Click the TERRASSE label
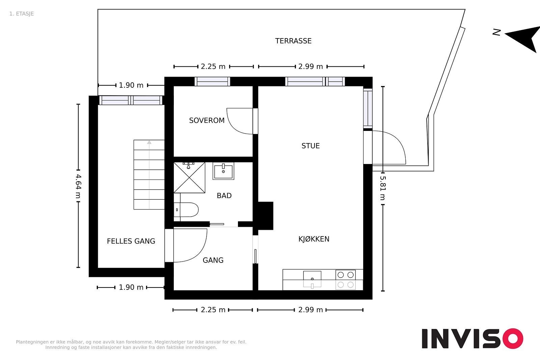[293, 41]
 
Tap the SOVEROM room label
[207, 120]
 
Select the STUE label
[310, 146]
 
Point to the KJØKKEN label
[314, 239]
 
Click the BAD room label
[224, 195]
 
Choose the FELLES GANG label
[131, 241]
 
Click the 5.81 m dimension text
[383, 188]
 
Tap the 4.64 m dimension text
[78, 186]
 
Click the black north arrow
[523, 38]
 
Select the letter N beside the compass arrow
[496, 32]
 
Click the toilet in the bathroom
[186, 210]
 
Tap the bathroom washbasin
[223, 171]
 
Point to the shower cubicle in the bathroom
[189, 177]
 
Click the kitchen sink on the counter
[312, 279]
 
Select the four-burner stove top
[346, 280]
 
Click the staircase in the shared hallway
[149, 174]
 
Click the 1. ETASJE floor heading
[22, 14]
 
